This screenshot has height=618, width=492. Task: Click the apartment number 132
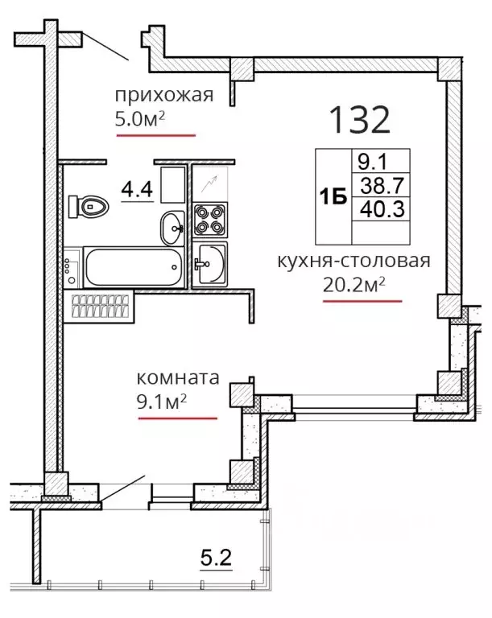(x=359, y=120)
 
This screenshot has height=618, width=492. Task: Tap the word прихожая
(x=164, y=96)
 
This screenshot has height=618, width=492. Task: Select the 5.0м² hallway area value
(x=139, y=118)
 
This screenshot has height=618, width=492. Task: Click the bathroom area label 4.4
(x=137, y=189)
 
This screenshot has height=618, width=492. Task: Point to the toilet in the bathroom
(x=88, y=206)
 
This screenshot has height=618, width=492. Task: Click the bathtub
(x=134, y=267)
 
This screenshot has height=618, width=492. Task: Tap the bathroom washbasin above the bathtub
(x=172, y=228)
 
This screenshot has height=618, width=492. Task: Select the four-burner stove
(x=210, y=220)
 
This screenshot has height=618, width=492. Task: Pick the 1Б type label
(x=333, y=196)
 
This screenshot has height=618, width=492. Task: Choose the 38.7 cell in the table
(x=382, y=185)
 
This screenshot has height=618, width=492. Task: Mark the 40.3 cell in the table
(x=382, y=209)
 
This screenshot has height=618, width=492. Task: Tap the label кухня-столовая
(x=354, y=261)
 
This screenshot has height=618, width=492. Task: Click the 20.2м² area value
(x=354, y=285)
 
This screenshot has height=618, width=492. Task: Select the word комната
(x=177, y=377)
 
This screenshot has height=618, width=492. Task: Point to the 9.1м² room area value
(x=161, y=402)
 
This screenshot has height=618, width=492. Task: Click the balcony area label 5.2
(x=216, y=557)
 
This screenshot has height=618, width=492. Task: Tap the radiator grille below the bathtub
(x=100, y=307)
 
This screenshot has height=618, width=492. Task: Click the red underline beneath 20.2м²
(x=362, y=301)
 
